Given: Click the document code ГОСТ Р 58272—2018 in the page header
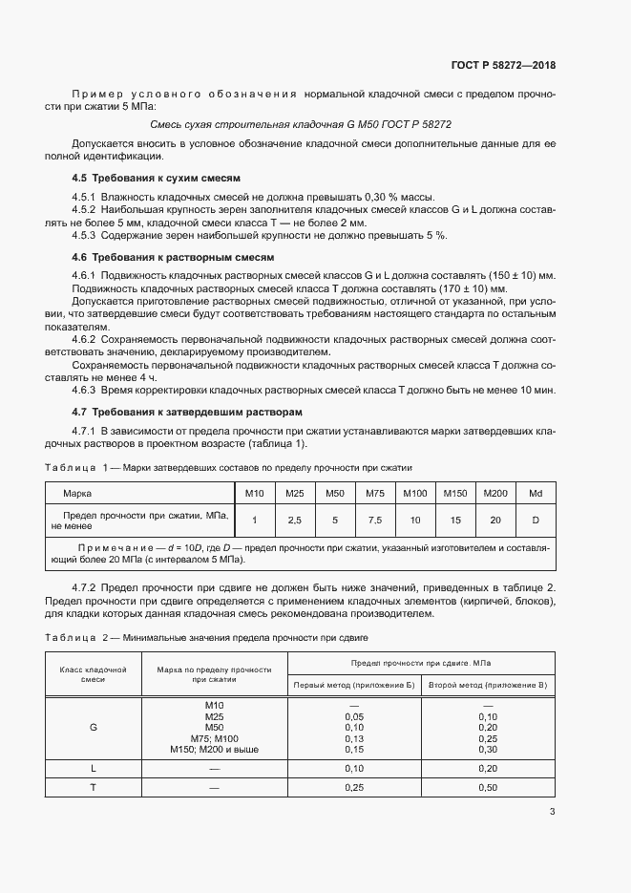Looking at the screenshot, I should [503, 66].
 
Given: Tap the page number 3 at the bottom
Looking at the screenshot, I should [552, 812].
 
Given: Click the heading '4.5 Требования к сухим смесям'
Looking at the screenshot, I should [156, 179].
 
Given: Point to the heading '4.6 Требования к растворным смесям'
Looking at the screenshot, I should [173, 257].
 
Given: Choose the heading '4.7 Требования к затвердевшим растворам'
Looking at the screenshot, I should [187, 412].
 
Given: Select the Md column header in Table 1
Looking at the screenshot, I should [536, 493].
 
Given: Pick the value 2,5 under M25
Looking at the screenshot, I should [294, 520].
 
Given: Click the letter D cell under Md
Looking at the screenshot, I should [536, 520].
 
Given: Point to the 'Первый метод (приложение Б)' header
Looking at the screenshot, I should [353, 686].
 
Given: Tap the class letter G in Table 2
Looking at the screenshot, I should [94, 727].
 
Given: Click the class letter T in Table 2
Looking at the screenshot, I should [94, 787].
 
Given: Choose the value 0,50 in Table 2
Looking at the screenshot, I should [487, 787].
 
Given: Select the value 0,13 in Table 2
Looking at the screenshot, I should [353, 738].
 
